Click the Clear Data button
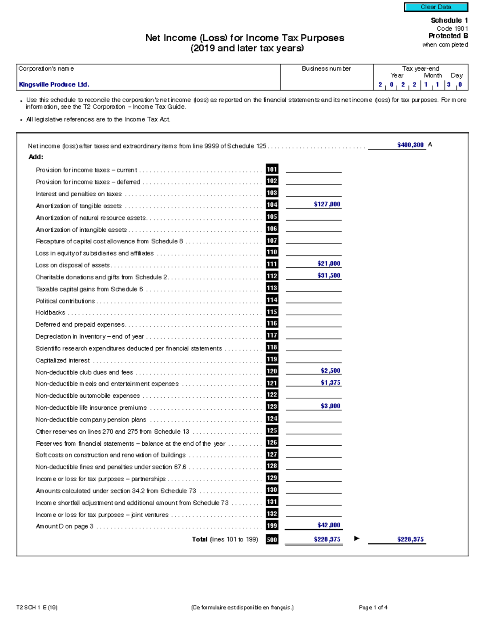436,7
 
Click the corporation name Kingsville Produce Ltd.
54,84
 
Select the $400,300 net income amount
410,145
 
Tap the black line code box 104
272,205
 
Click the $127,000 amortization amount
327,204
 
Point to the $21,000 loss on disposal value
329,264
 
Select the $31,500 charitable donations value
329,276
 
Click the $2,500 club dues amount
330,371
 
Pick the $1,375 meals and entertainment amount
330,383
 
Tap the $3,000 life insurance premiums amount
330,406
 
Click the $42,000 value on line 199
329,525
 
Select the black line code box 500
272,539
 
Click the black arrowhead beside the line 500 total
356,538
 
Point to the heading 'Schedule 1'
449,20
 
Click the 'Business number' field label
326,69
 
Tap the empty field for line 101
313,169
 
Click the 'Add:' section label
36,157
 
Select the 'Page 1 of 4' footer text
373,607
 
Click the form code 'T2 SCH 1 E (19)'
37,607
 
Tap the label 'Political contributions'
65,301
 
